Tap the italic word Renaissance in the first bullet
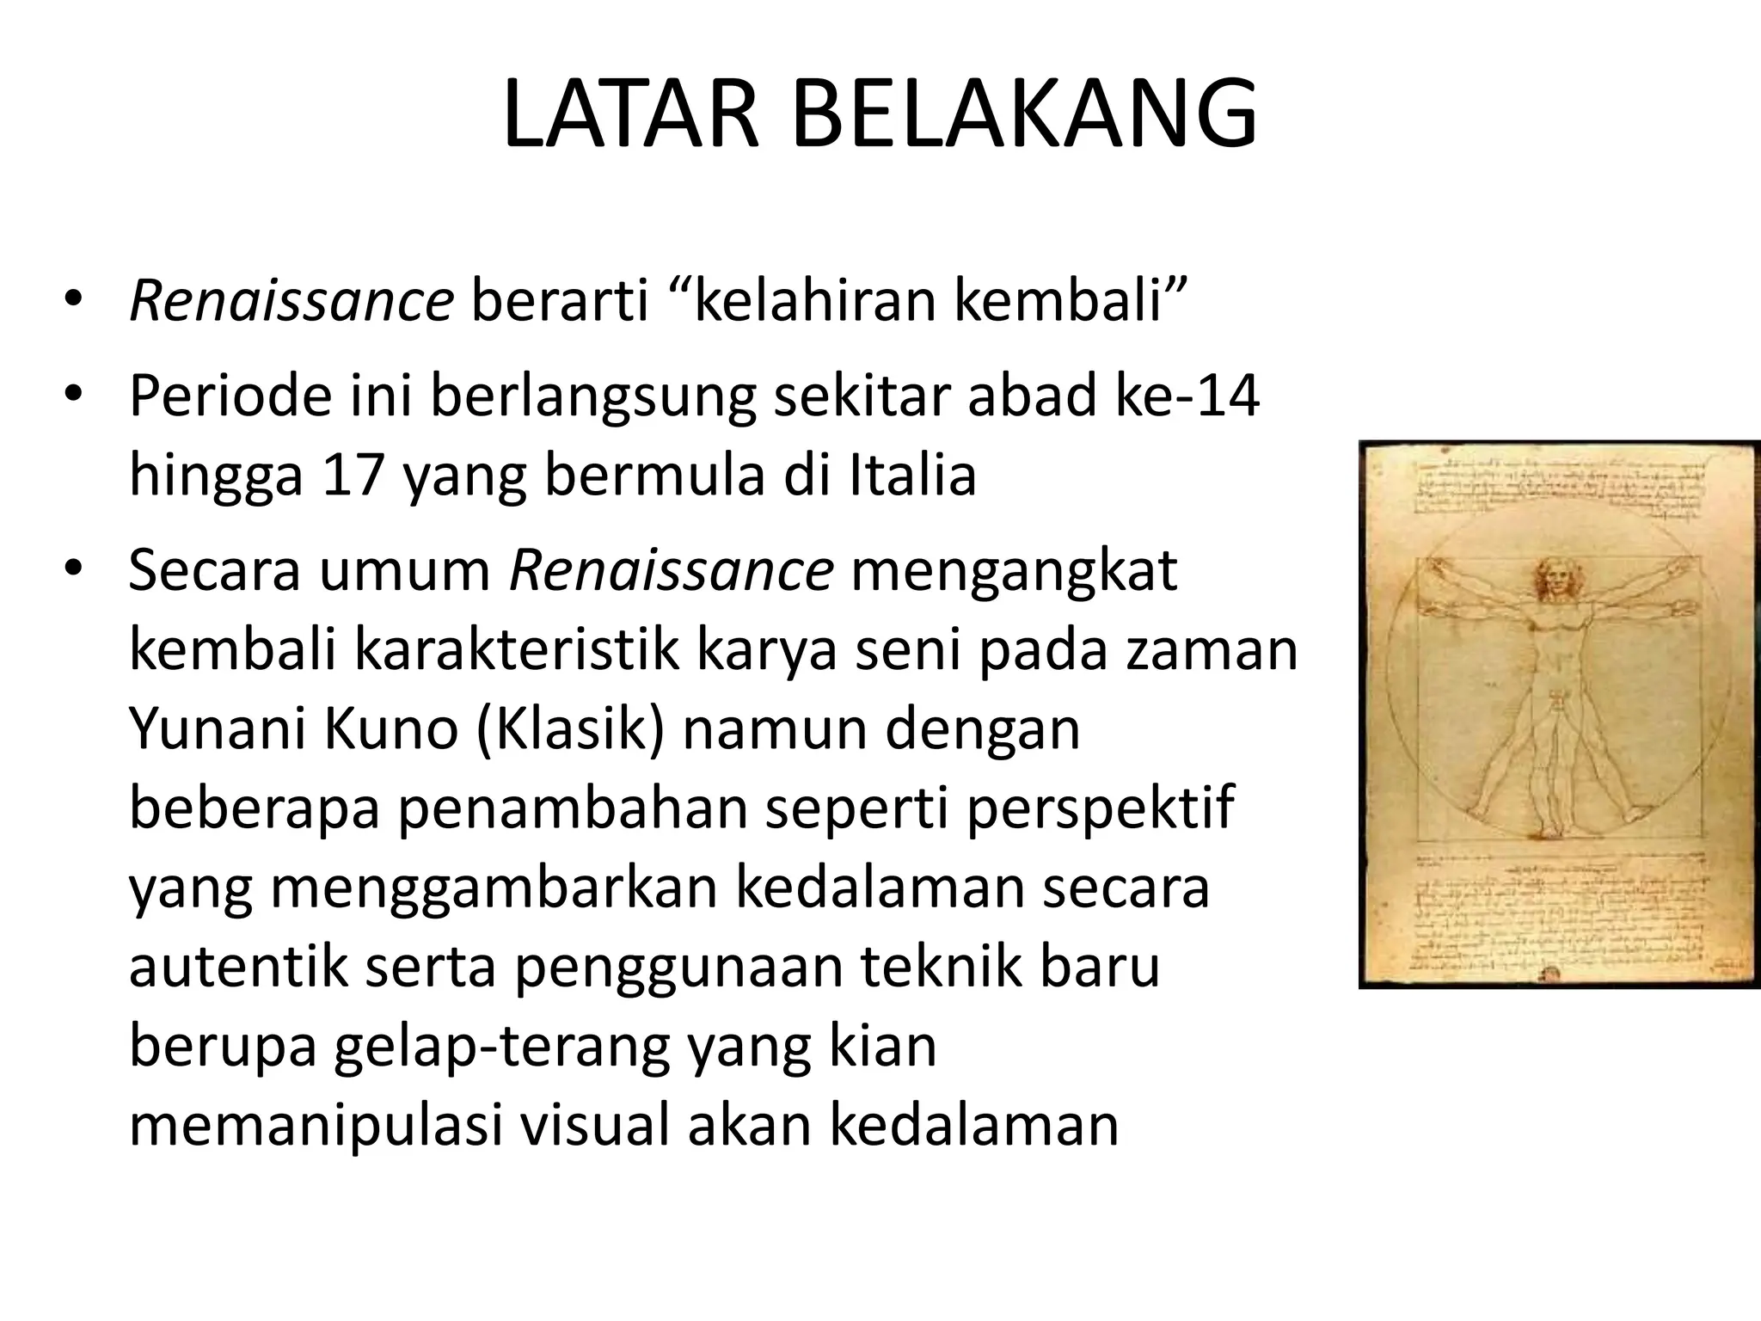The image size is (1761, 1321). (291, 303)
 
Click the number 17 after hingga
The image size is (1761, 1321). (352, 475)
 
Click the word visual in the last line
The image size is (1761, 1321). (595, 1125)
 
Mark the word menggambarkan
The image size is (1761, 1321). (494, 888)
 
